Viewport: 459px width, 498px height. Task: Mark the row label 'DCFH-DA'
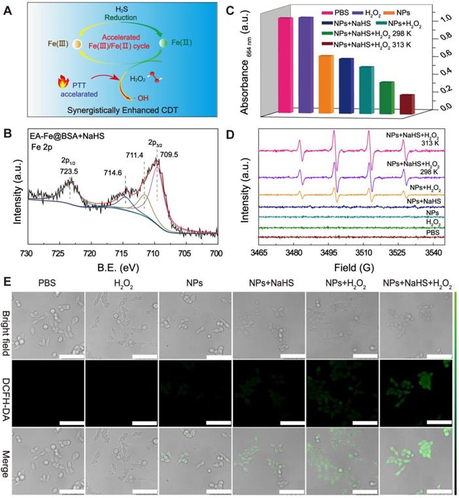tap(8, 391)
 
